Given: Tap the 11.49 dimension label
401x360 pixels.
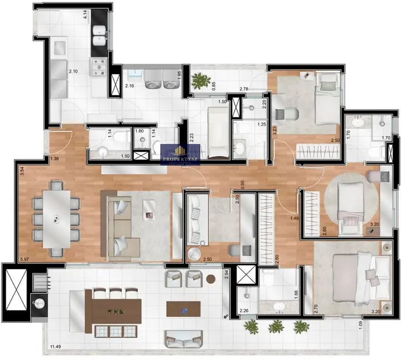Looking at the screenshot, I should (x=55, y=347).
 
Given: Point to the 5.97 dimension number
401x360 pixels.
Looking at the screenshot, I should (x=24, y=259).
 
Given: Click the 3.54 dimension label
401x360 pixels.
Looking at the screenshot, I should (x=22, y=172).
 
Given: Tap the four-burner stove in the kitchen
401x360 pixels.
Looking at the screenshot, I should (x=100, y=67).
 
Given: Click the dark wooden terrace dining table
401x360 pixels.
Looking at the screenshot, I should (x=116, y=311).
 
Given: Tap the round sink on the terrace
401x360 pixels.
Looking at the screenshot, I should (x=39, y=303).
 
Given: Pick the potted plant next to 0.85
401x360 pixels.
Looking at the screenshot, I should (x=198, y=81).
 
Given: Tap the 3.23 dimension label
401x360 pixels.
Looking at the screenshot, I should (x=274, y=132).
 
